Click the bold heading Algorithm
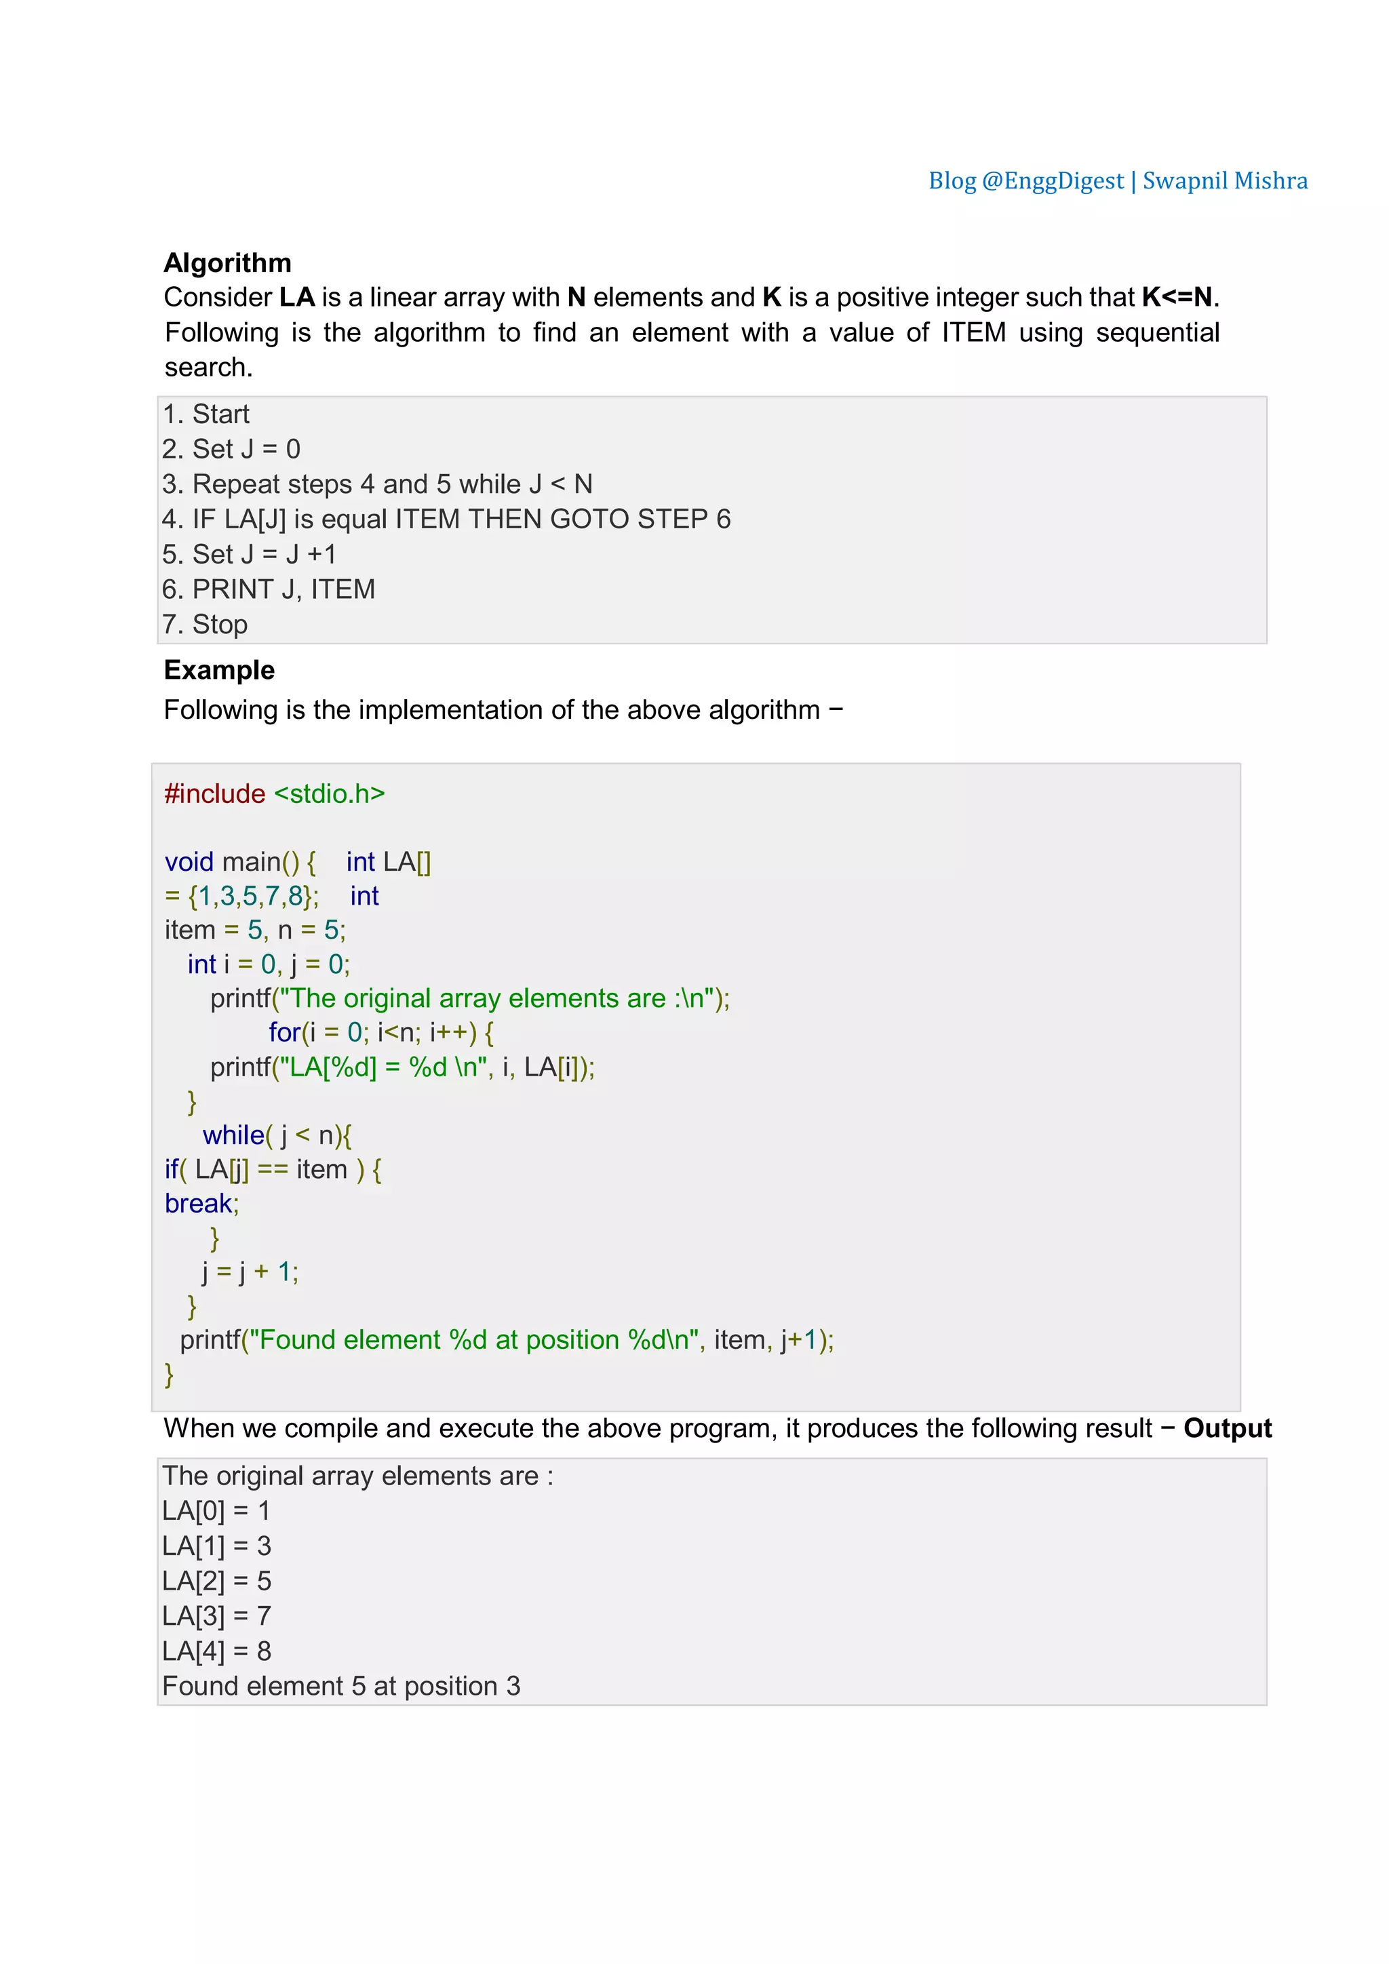tap(227, 262)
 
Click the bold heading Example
tap(219, 670)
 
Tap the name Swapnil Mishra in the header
tap(1225, 181)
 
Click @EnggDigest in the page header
tap(1052, 181)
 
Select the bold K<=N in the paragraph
tap(1177, 298)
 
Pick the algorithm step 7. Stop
tap(206, 625)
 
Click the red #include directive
tap(215, 794)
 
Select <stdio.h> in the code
tap(330, 794)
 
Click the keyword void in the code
tap(189, 861)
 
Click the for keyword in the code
tap(285, 1032)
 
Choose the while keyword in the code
tap(233, 1135)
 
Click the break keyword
tap(199, 1204)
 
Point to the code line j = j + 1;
tap(250, 1272)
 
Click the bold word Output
tap(1228, 1428)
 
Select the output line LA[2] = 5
tap(217, 1581)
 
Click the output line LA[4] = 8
tap(217, 1651)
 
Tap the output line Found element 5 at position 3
tap(341, 1686)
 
